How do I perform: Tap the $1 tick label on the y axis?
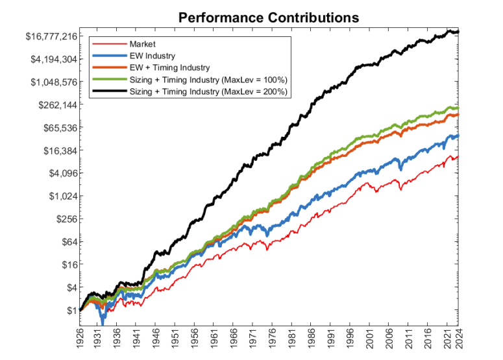point(69,310)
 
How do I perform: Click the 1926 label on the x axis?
point(80,339)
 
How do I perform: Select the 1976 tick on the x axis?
point(273,339)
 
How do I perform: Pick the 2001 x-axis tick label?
point(370,339)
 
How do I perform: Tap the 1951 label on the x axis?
point(177,339)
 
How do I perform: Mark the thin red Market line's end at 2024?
point(458,156)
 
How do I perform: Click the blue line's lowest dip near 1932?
point(102,323)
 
